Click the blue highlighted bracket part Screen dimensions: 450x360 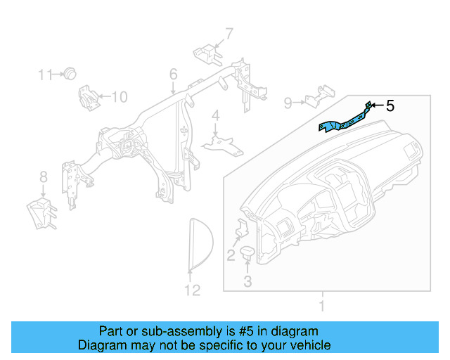(345, 123)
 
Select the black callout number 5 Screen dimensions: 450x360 (390, 106)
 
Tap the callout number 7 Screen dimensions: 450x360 (229, 34)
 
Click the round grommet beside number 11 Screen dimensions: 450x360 (70, 74)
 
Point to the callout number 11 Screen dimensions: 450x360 (45, 75)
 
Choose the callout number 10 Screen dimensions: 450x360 (120, 97)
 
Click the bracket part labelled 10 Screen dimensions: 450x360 (89, 98)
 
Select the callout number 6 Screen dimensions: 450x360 (174, 74)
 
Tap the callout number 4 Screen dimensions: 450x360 (216, 116)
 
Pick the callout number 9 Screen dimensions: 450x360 (288, 103)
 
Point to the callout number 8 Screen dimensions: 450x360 (44, 177)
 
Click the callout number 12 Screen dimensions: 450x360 (192, 290)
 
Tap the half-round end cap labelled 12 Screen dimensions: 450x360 (201, 244)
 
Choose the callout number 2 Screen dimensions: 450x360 (231, 255)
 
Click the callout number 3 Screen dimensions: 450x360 (247, 281)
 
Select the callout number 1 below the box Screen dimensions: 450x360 (322, 306)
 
